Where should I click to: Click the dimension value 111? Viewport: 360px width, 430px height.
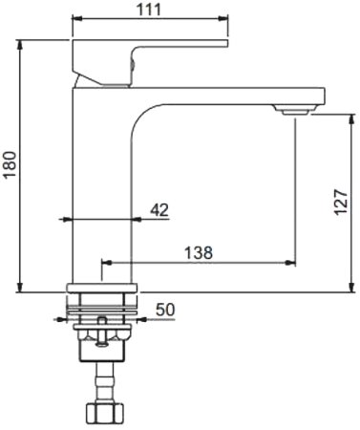click(149, 10)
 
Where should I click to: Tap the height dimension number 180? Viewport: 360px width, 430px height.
click(10, 164)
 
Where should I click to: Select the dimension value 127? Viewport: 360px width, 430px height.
click(341, 203)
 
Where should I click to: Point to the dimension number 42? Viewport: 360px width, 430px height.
click(159, 210)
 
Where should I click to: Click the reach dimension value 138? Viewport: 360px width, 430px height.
click(199, 253)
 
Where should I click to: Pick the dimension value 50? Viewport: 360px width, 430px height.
click(165, 310)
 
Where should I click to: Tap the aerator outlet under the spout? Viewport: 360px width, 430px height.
click(295, 112)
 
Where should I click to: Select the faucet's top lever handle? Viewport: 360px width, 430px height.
click(150, 63)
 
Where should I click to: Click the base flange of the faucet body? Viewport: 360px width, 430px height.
click(102, 288)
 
